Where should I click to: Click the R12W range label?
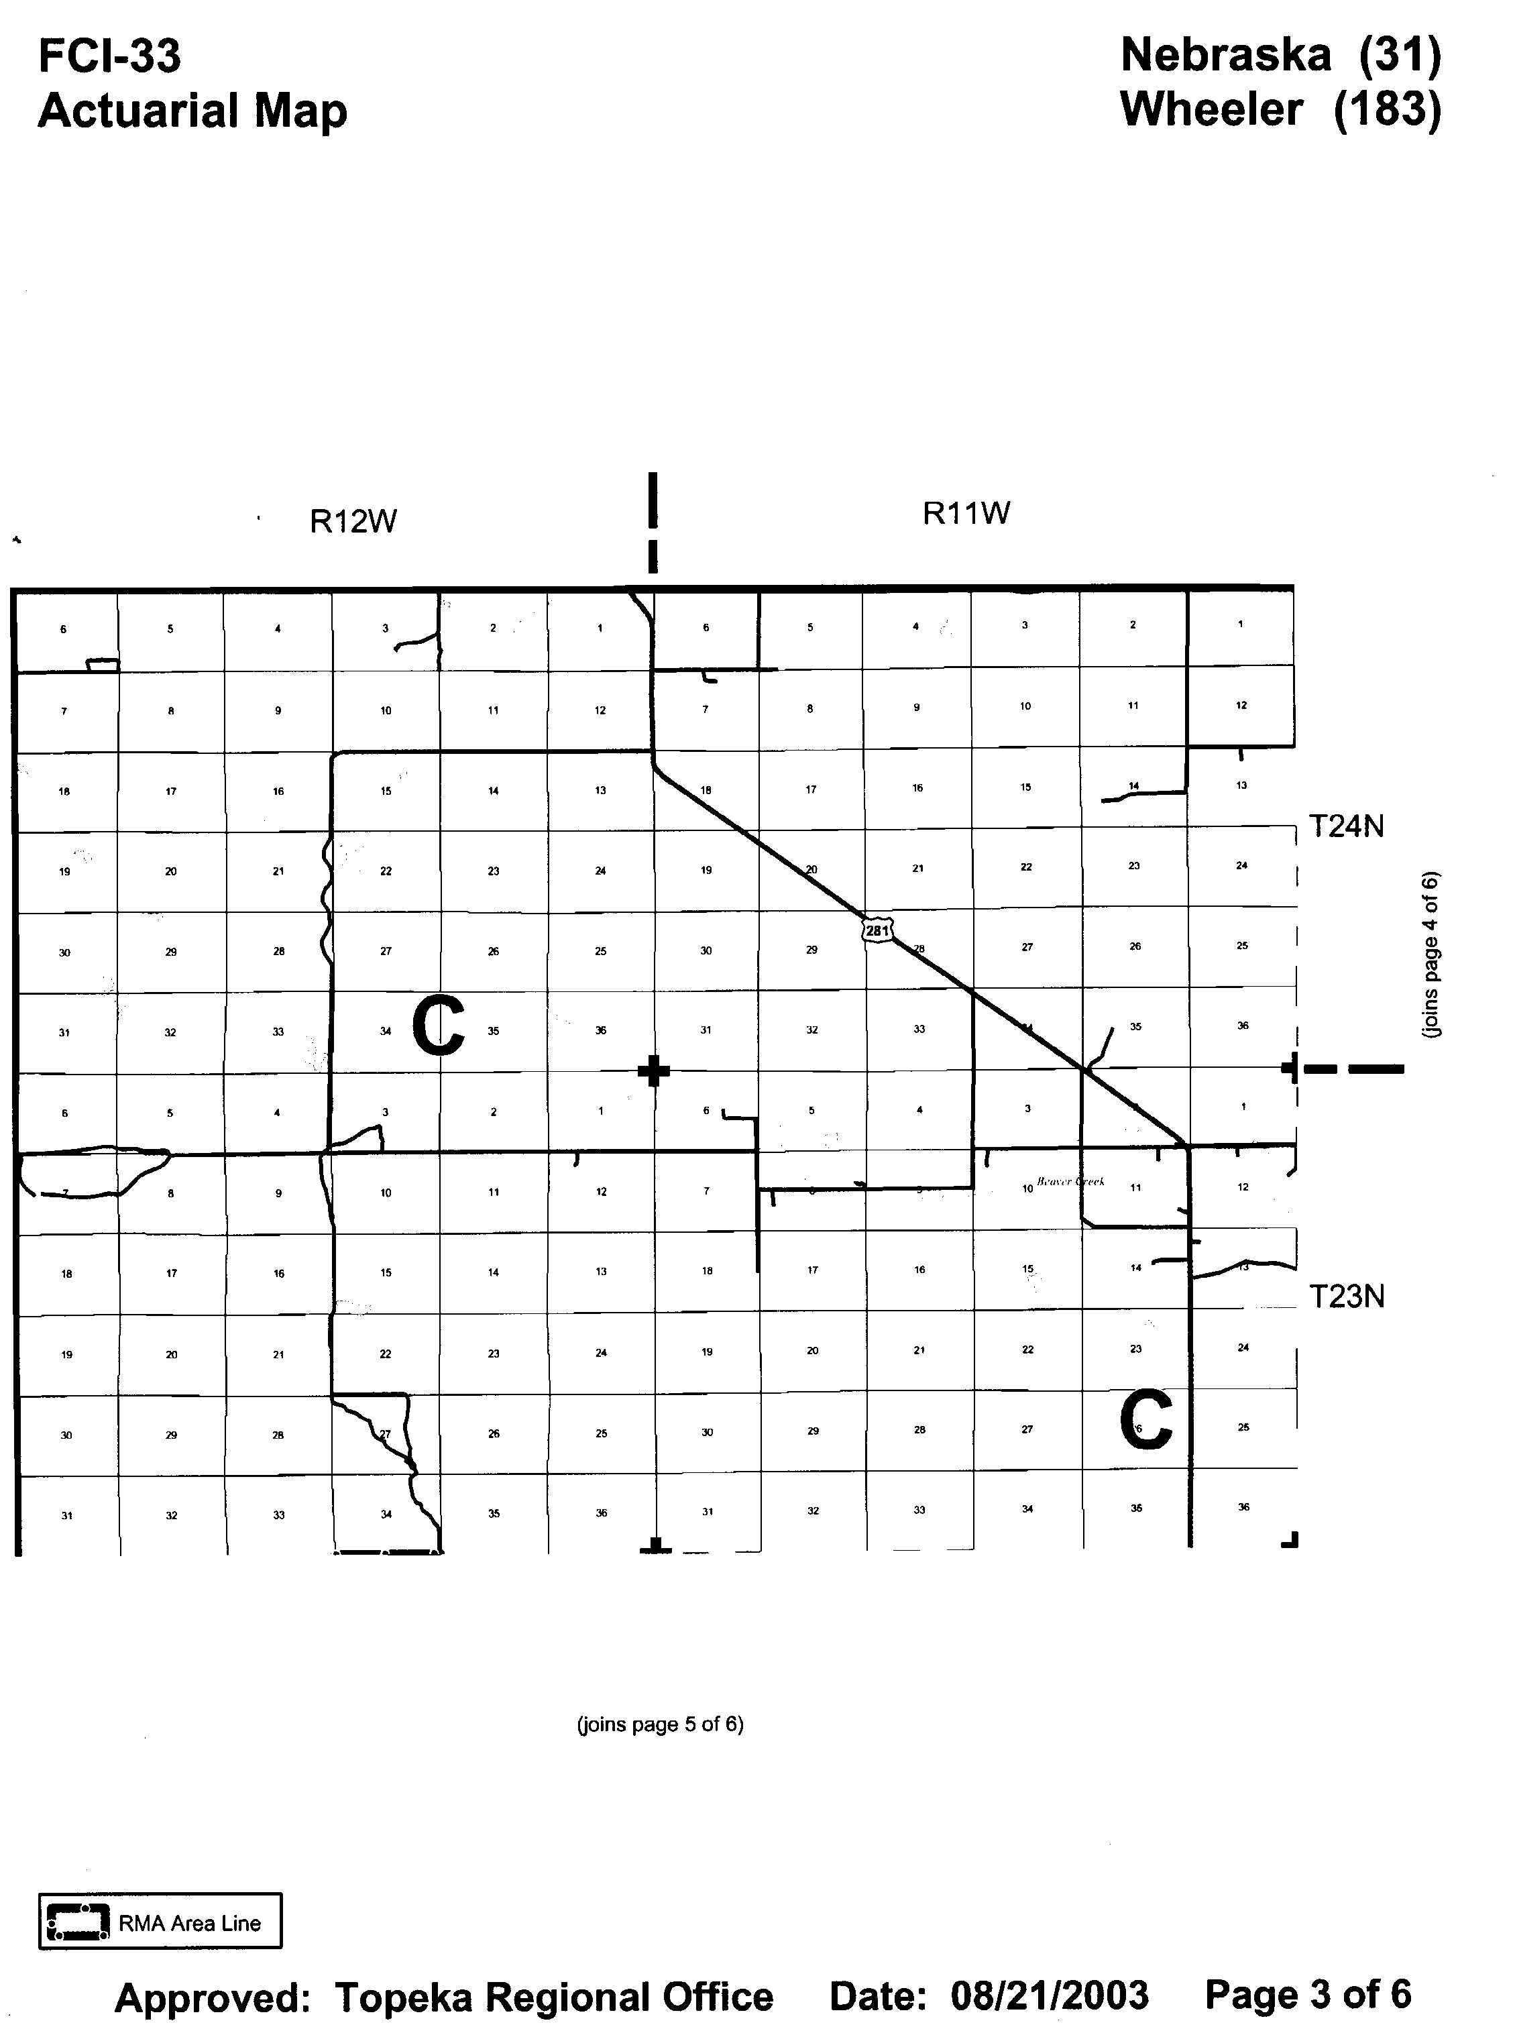tap(353, 521)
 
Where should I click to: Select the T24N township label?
tap(1345, 826)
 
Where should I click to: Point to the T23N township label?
tap(1345, 1297)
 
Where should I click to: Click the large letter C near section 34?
tap(438, 1027)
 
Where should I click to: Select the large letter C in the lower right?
tap(1145, 1419)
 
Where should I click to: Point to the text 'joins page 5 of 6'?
tap(659, 1724)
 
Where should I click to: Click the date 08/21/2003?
tap(1049, 1995)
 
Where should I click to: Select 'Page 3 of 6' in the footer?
tap(1308, 1993)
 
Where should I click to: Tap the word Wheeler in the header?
tap(1211, 110)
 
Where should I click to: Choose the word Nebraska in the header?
tap(1225, 55)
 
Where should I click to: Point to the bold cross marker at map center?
tap(653, 1070)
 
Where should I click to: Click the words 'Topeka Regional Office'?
tap(553, 1997)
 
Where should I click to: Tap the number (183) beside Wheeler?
tap(1387, 110)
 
